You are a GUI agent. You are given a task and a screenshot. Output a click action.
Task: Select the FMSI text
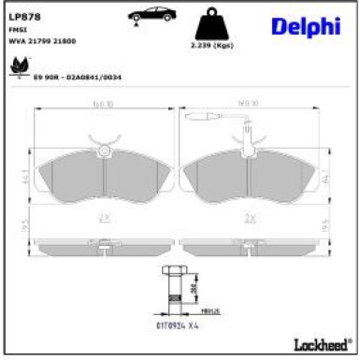coord(16,31)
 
